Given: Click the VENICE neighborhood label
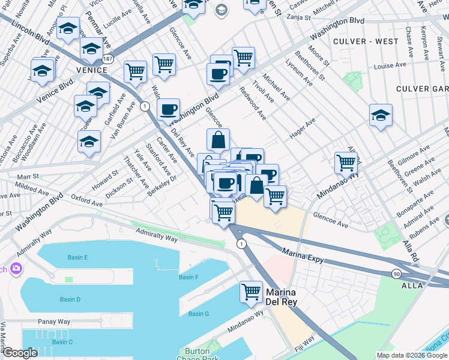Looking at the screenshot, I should pos(92,70).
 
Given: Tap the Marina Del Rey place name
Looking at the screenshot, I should pos(282,299).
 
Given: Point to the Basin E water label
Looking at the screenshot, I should pos(77,257).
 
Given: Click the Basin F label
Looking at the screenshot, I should pos(188,277).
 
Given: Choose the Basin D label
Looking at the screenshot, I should pos(70,299).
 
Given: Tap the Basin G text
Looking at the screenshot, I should pos(198,314).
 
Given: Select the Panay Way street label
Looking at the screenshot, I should pos(54,322).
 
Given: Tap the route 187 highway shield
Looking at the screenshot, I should pos(107,59).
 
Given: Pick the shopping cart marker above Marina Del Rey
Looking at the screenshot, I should pos(251,292).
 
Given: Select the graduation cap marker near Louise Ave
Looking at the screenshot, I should pos(381,115).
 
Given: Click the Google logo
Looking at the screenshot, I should pos(20,353).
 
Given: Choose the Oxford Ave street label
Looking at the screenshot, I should pos(86,201).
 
